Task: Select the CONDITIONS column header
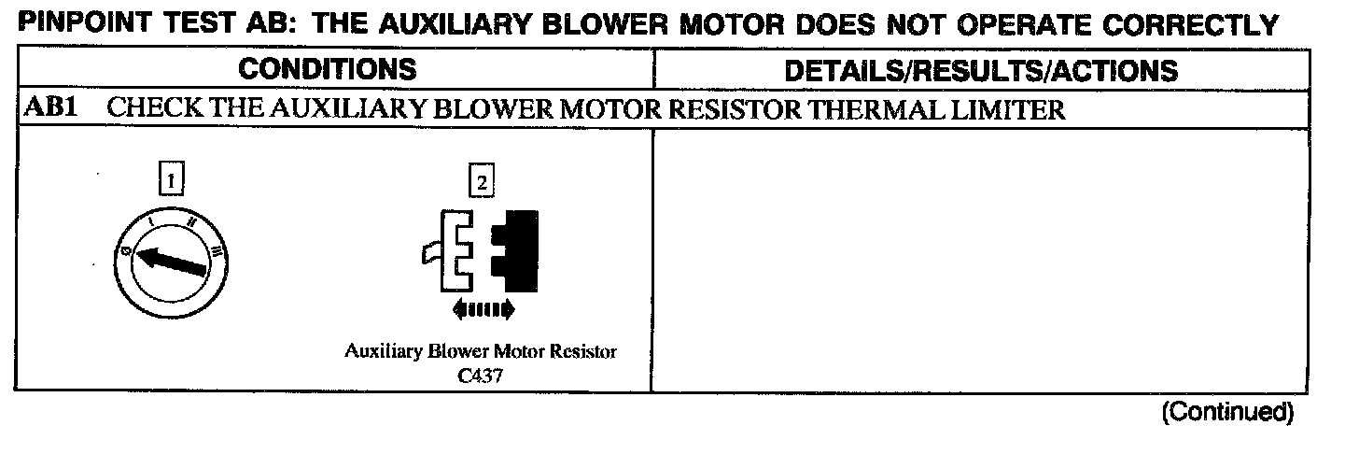point(327,69)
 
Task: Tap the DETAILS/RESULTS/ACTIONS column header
point(981,70)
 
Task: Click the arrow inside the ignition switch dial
point(173,260)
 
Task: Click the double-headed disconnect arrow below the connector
point(482,308)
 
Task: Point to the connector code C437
point(481,372)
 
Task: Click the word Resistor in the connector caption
point(583,353)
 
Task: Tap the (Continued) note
point(1226,412)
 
